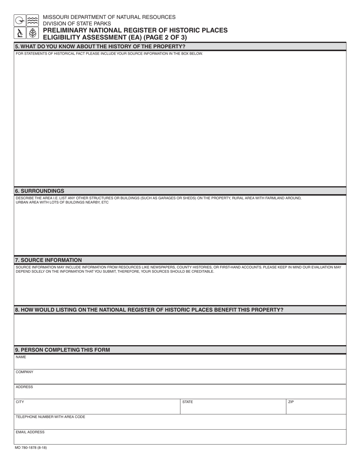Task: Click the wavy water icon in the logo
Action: [x=33, y=20]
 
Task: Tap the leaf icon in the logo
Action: [x=33, y=33]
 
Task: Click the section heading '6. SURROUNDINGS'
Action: [x=39, y=191]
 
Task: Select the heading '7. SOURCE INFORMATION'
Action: [x=48, y=260]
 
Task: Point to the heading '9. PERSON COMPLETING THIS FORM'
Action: [x=63, y=350]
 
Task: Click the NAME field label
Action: [x=21, y=357]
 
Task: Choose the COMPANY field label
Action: [x=24, y=372]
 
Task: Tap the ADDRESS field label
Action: [x=24, y=387]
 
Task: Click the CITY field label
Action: [x=20, y=402]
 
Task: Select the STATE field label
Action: [x=188, y=402]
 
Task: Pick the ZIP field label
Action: [x=291, y=402]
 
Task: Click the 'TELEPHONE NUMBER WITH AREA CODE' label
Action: [x=50, y=417]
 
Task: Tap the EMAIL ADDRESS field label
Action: [x=30, y=432]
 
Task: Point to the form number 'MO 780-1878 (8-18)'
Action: [x=31, y=447]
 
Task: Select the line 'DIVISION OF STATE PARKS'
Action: [x=77, y=23]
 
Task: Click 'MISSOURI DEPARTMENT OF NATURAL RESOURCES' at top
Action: [x=109, y=17]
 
